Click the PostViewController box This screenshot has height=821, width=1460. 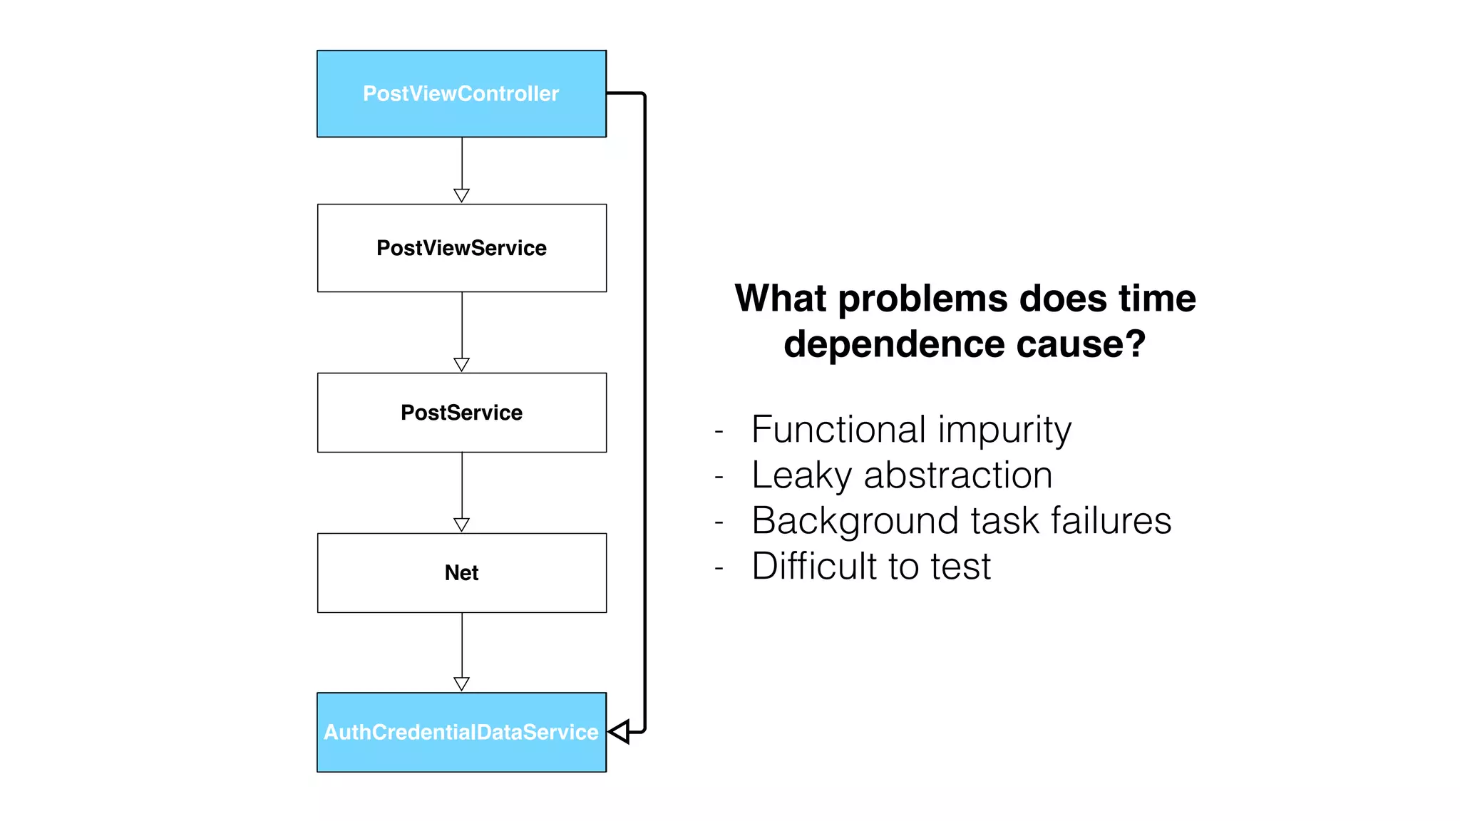point(461,93)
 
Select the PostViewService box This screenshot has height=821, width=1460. point(461,248)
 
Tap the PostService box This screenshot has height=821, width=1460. point(461,413)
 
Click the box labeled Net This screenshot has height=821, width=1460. point(461,573)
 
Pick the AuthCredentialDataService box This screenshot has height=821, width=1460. point(461,733)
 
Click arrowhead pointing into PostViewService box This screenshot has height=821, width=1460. point(461,195)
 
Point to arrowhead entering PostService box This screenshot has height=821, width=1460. point(461,364)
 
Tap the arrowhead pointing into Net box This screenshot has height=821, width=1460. point(461,525)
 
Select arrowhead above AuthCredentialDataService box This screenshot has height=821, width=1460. point(461,683)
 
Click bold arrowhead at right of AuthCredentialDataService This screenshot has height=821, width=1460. point(620,731)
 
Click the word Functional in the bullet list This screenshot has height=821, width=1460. point(839,430)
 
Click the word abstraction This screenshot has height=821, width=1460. point(958,476)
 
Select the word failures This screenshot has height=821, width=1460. point(1111,520)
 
